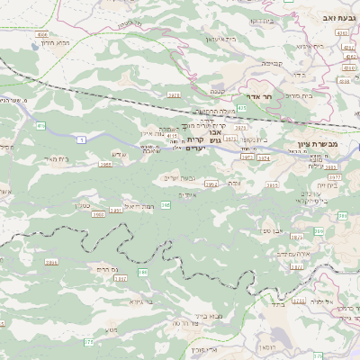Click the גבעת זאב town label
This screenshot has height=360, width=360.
pos(335,16)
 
